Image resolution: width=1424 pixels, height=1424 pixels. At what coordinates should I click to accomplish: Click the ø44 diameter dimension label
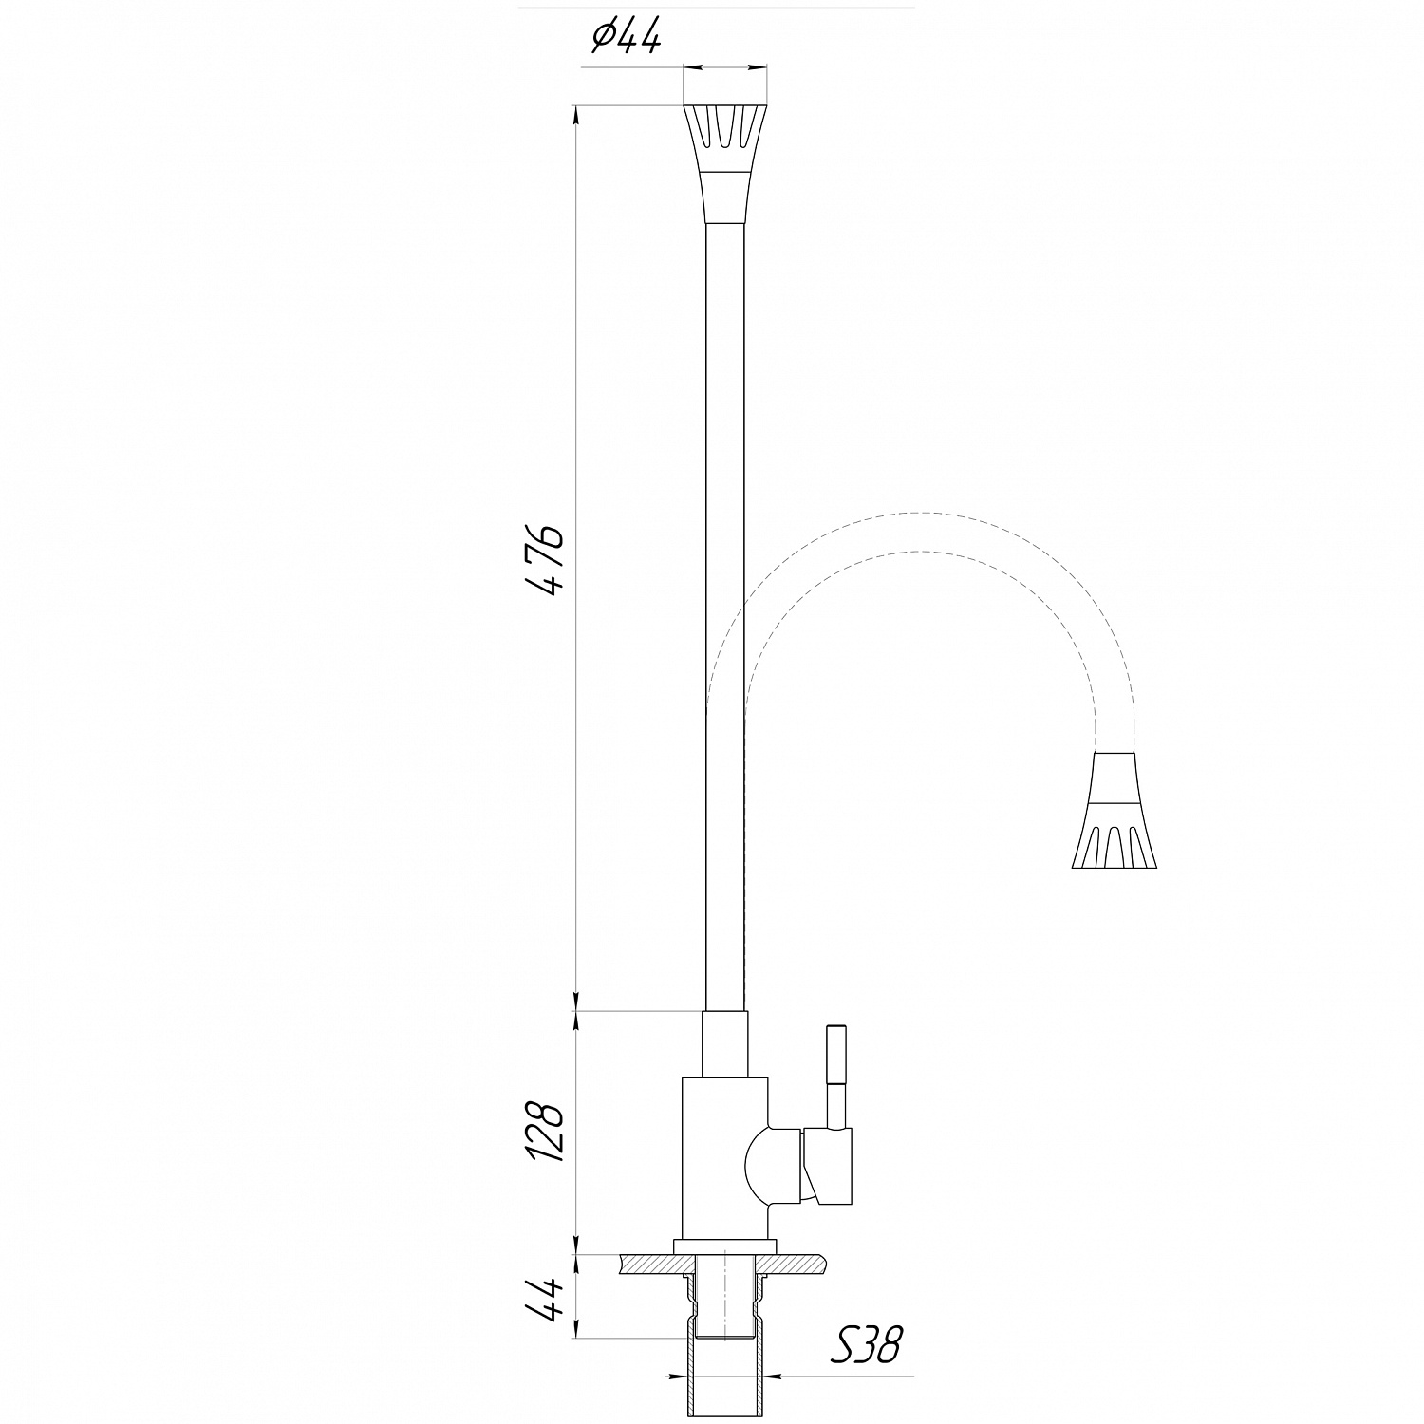coord(626,38)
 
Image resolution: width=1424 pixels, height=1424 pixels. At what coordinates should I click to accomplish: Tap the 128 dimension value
coord(548,1132)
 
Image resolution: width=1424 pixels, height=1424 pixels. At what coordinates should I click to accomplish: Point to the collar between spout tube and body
coord(724,1044)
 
